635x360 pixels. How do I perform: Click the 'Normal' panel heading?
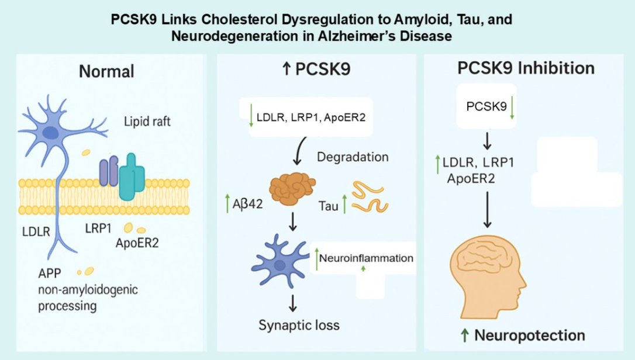coord(107,71)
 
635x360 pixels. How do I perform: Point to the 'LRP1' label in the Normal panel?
coord(97,228)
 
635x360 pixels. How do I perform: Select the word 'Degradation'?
coord(353,157)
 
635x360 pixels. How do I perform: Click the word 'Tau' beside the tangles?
coord(329,206)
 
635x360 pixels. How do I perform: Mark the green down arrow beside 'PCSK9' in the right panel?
coord(512,109)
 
